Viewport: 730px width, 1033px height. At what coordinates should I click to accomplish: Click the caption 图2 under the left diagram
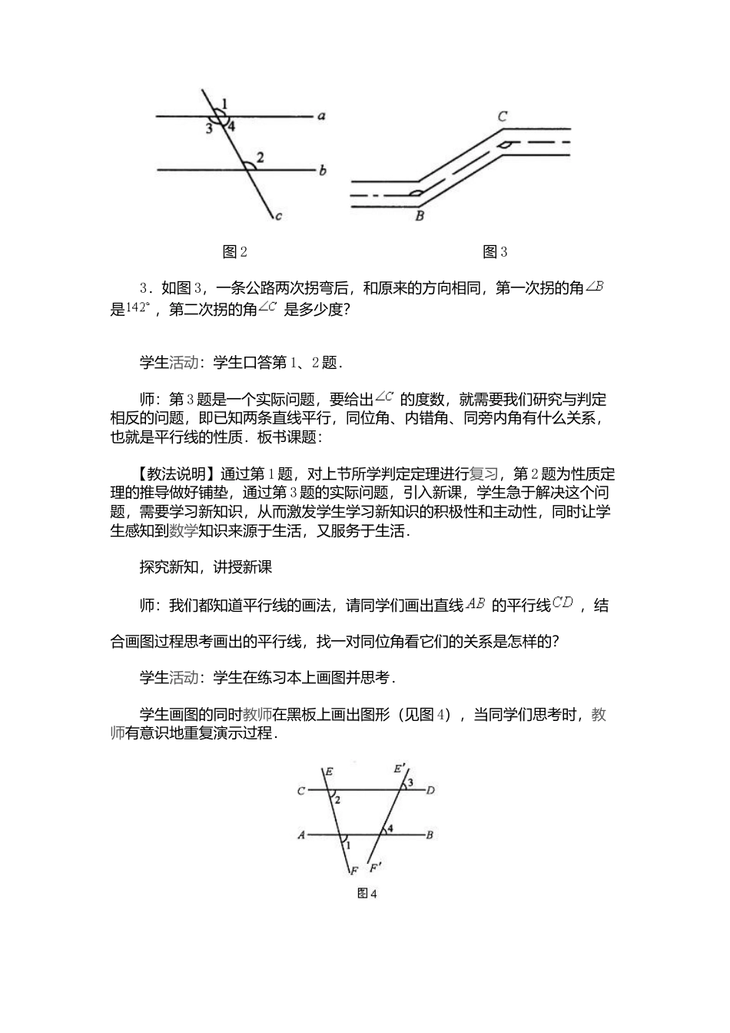234,251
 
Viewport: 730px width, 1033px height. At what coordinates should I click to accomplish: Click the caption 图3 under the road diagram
495,251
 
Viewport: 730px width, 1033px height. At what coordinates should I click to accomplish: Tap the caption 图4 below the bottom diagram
367,893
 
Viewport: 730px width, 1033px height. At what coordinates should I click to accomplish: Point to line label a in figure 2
322,117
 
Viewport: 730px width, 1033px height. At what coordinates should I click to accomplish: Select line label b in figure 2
323,170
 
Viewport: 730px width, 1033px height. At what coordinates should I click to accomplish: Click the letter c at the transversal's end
278,217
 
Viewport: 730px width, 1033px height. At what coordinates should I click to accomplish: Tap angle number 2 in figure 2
260,158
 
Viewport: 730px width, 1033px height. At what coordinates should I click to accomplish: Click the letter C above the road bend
502,117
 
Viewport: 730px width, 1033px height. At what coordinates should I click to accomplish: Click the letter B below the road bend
419,216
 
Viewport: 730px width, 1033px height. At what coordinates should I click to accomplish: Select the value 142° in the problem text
137,309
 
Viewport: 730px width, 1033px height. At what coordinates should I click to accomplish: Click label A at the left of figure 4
302,835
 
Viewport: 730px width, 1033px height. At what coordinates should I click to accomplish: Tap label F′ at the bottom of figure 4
376,869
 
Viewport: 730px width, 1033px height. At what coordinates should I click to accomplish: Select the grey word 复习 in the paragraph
484,473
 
